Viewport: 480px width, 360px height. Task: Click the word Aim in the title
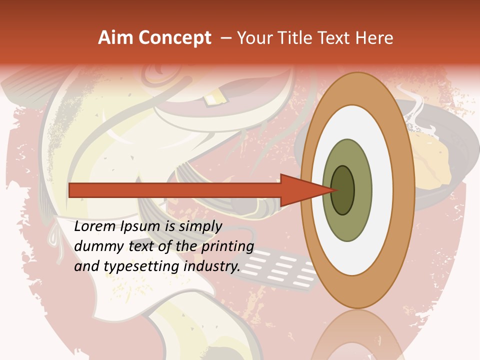click(116, 38)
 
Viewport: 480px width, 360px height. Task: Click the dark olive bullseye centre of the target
click(343, 190)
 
